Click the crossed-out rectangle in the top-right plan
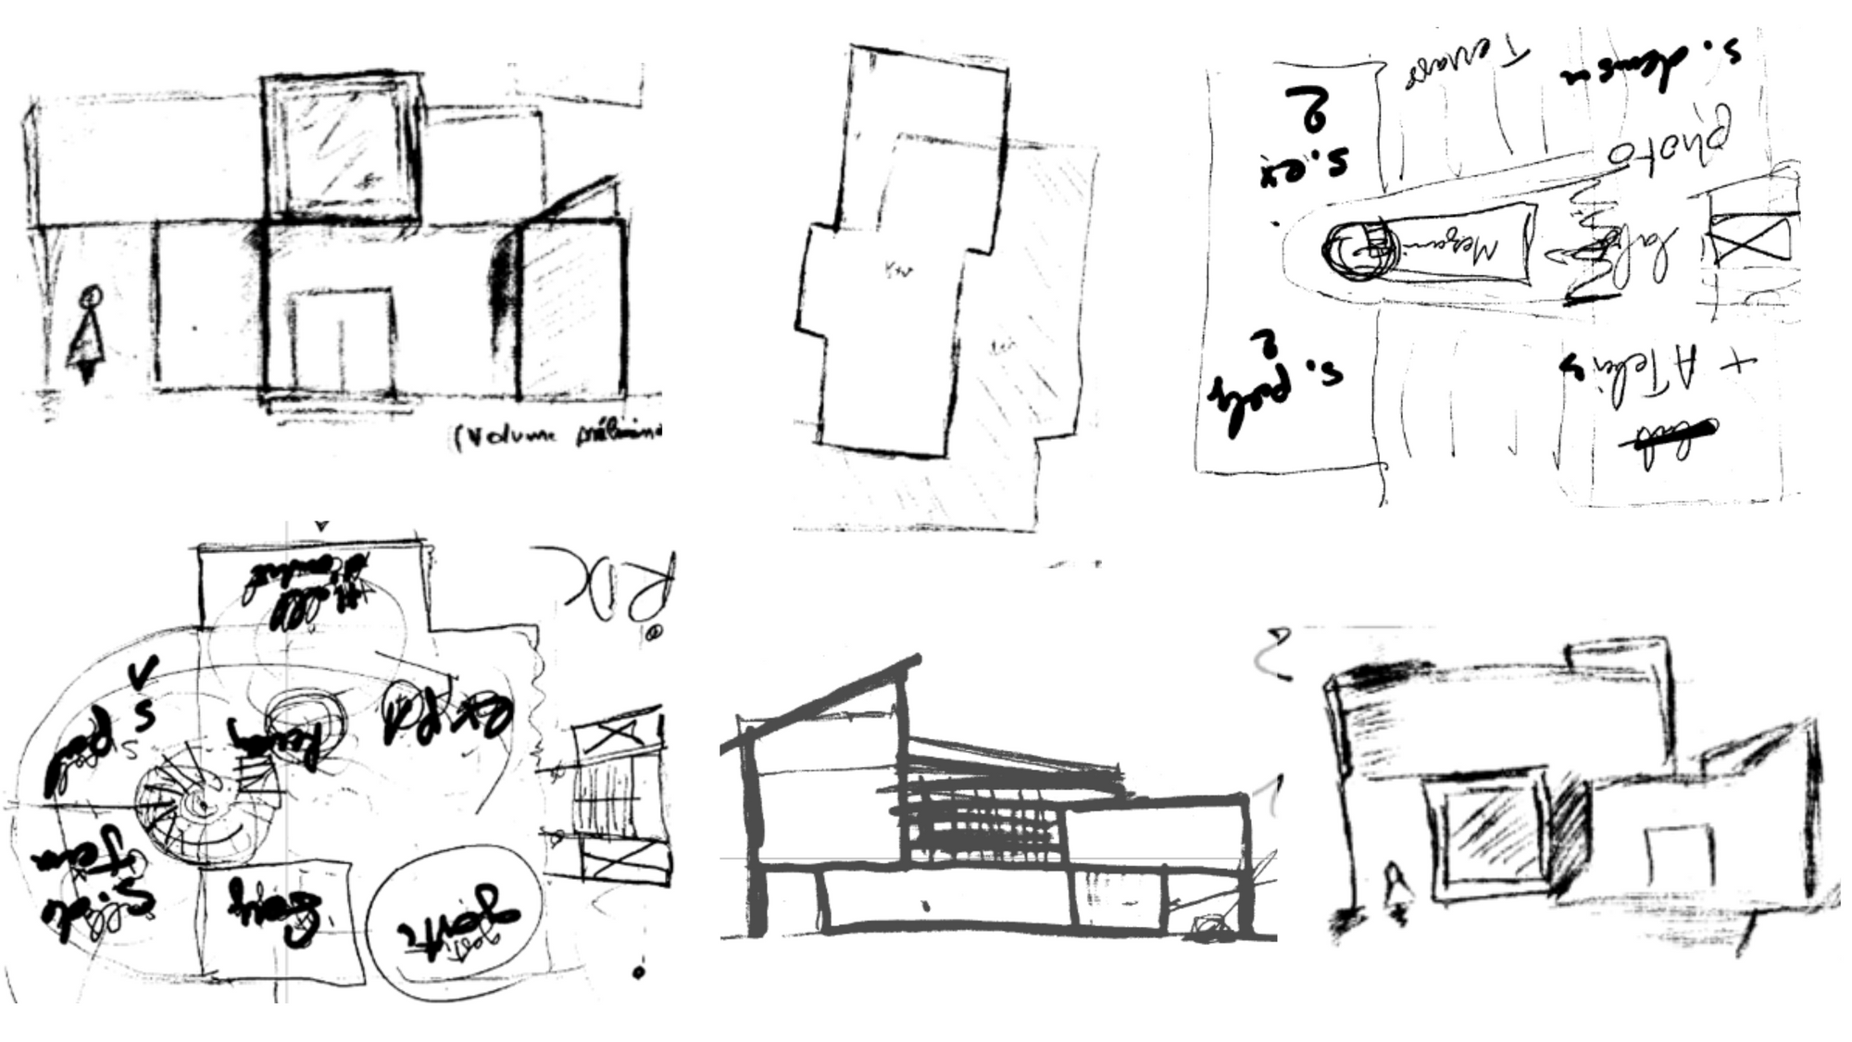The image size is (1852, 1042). click(x=1748, y=238)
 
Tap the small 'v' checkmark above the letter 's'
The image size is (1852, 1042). click(x=148, y=669)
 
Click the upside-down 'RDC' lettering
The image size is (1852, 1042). click(x=616, y=584)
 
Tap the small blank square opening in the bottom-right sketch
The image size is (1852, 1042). click(x=1678, y=857)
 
